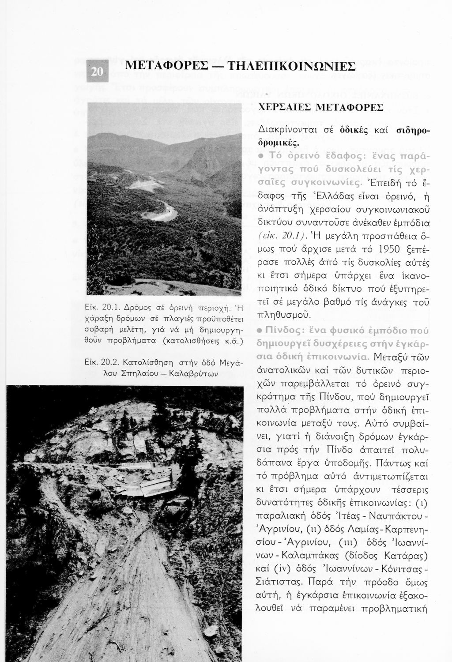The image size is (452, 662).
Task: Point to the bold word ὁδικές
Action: click(357, 131)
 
